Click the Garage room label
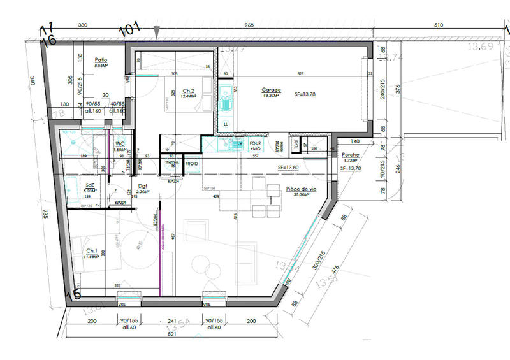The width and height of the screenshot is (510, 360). pyautogui.click(x=271, y=90)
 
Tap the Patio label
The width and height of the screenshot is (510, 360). pyautogui.click(x=101, y=58)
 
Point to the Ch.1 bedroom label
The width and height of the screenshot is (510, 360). pyautogui.click(x=91, y=252)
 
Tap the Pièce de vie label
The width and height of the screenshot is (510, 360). pyautogui.click(x=301, y=189)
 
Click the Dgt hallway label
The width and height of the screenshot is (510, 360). pyautogui.click(x=143, y=186)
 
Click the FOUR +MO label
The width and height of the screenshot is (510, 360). pyautogui.click(x=256, y=145)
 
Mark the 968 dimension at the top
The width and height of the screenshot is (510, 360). pyautogui.click(x=249, y=26)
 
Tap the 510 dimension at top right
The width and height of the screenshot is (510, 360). pyautogui.click(x=438, y=26)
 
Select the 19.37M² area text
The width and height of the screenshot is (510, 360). pyautogui.click(x=271, y=96)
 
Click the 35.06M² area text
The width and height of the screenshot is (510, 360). pyautogui.click(x=301, y=195)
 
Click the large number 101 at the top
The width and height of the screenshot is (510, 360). pyautogui.click(x=130, y=29)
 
